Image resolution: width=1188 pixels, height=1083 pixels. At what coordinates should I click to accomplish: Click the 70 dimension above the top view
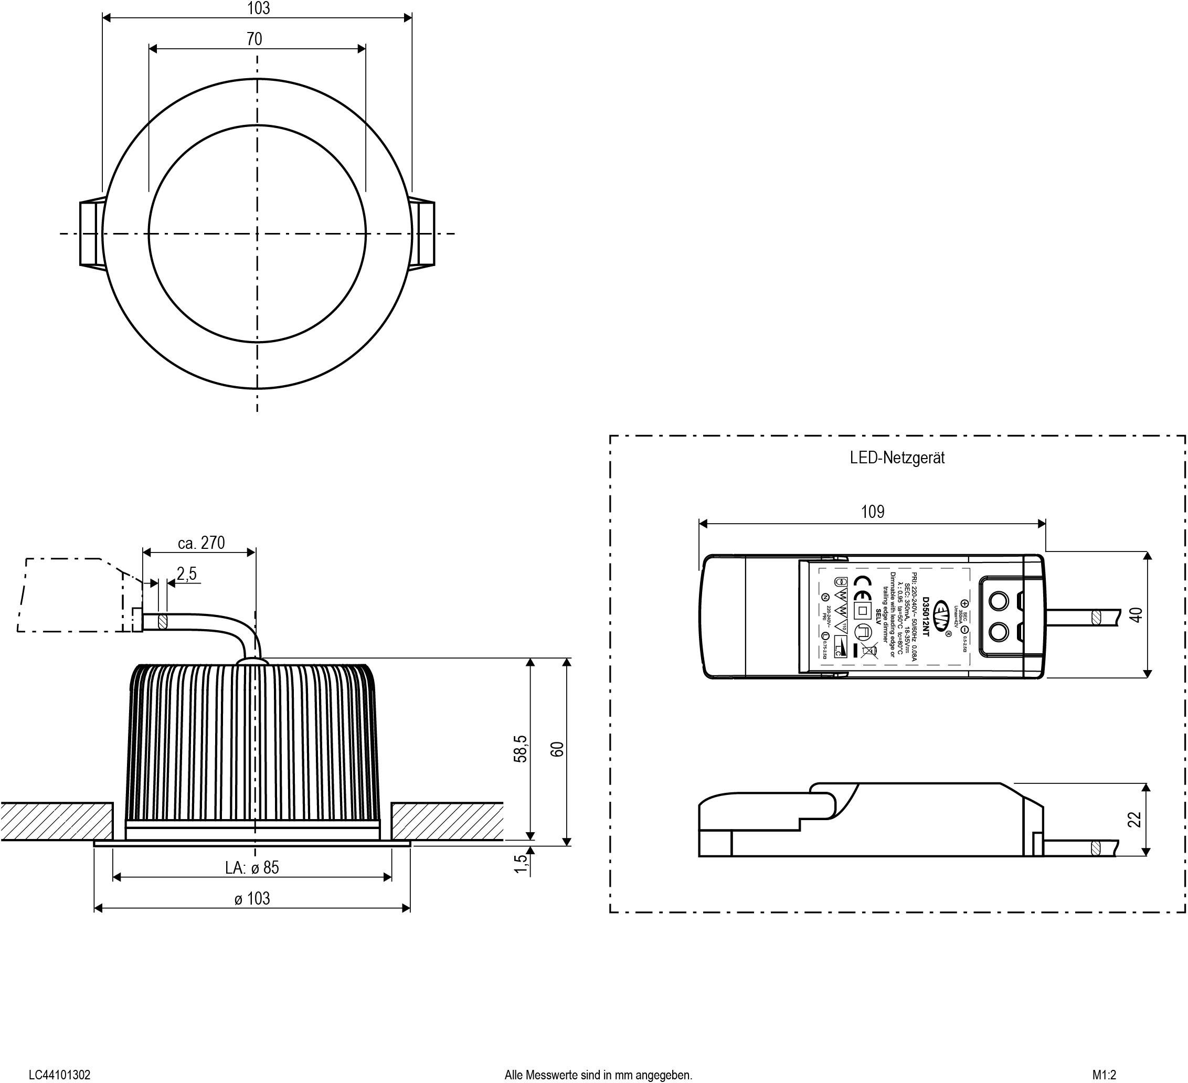[254, 39]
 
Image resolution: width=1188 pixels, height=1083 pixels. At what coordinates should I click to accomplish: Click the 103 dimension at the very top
[258, 8]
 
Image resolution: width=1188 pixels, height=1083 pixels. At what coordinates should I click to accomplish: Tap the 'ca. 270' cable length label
[201, 543]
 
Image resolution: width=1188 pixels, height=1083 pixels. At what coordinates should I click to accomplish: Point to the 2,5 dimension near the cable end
[186, 574]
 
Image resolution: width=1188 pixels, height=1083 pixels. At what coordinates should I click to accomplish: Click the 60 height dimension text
[557, 749]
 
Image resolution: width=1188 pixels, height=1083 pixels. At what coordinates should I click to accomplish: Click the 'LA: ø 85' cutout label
[252, 867]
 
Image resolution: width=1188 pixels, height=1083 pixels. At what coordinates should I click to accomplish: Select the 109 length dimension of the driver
[873, 512]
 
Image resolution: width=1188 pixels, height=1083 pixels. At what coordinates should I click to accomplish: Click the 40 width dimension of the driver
[1137, 614]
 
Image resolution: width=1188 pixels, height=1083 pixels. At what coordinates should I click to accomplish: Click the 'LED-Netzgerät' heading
[897, 458]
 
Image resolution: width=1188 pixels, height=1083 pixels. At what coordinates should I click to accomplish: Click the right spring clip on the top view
[423, 233]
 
